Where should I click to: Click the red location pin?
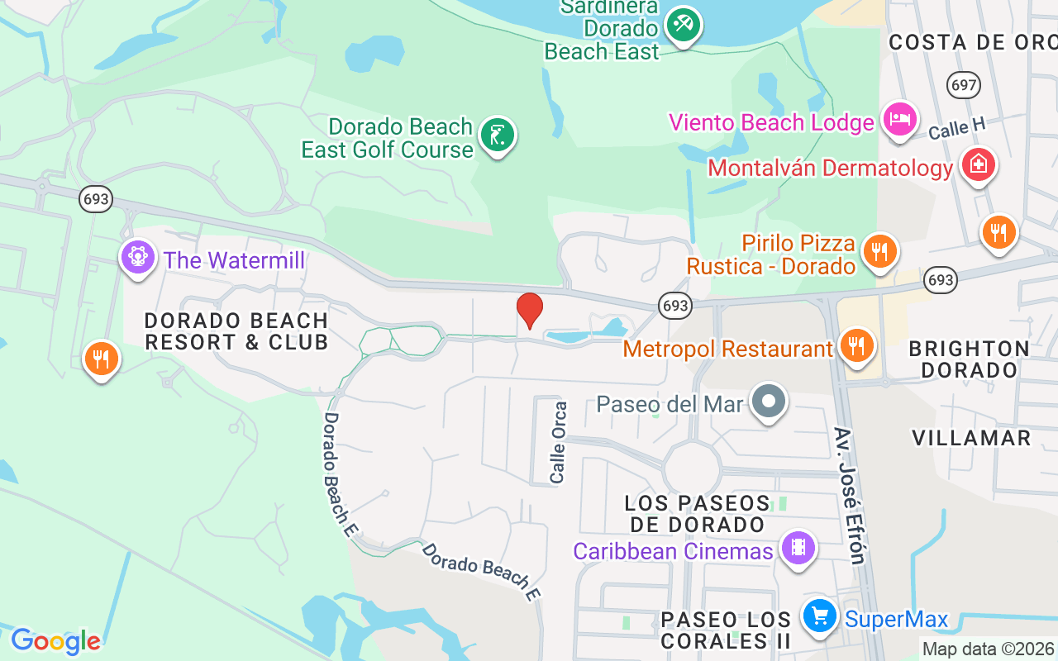(530, 311)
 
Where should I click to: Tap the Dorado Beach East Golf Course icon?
(496, 135)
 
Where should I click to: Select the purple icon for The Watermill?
(138, 257)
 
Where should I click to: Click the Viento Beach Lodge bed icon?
(898, 119)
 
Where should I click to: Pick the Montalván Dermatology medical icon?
(978, 164)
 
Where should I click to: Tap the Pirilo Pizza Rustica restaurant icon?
(879, 250)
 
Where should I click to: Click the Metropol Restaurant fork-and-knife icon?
(857, 345)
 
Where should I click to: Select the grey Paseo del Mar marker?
(770, 402)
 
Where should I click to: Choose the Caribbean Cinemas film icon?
(798, 548)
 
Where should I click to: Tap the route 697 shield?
(964, 83)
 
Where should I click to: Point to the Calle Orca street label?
(559, 443)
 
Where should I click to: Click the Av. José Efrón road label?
(850, 496)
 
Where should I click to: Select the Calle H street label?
(957, 128)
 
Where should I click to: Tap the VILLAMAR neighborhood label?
(972, 437)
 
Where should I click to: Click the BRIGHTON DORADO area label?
(970, 359)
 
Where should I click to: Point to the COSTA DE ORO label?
(971, 42)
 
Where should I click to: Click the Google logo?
(55, 640)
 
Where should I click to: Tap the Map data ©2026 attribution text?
(989, 649)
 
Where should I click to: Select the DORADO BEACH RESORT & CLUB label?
(236, 330)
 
